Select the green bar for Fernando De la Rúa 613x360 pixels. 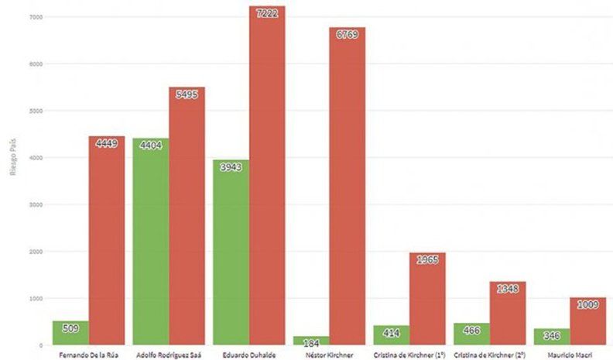70,333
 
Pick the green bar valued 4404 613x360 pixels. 150,241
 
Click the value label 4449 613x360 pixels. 106,143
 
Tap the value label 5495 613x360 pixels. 187,94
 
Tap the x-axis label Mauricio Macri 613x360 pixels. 569,354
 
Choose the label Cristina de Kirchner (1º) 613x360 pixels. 409,354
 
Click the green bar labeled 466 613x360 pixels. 471,334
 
